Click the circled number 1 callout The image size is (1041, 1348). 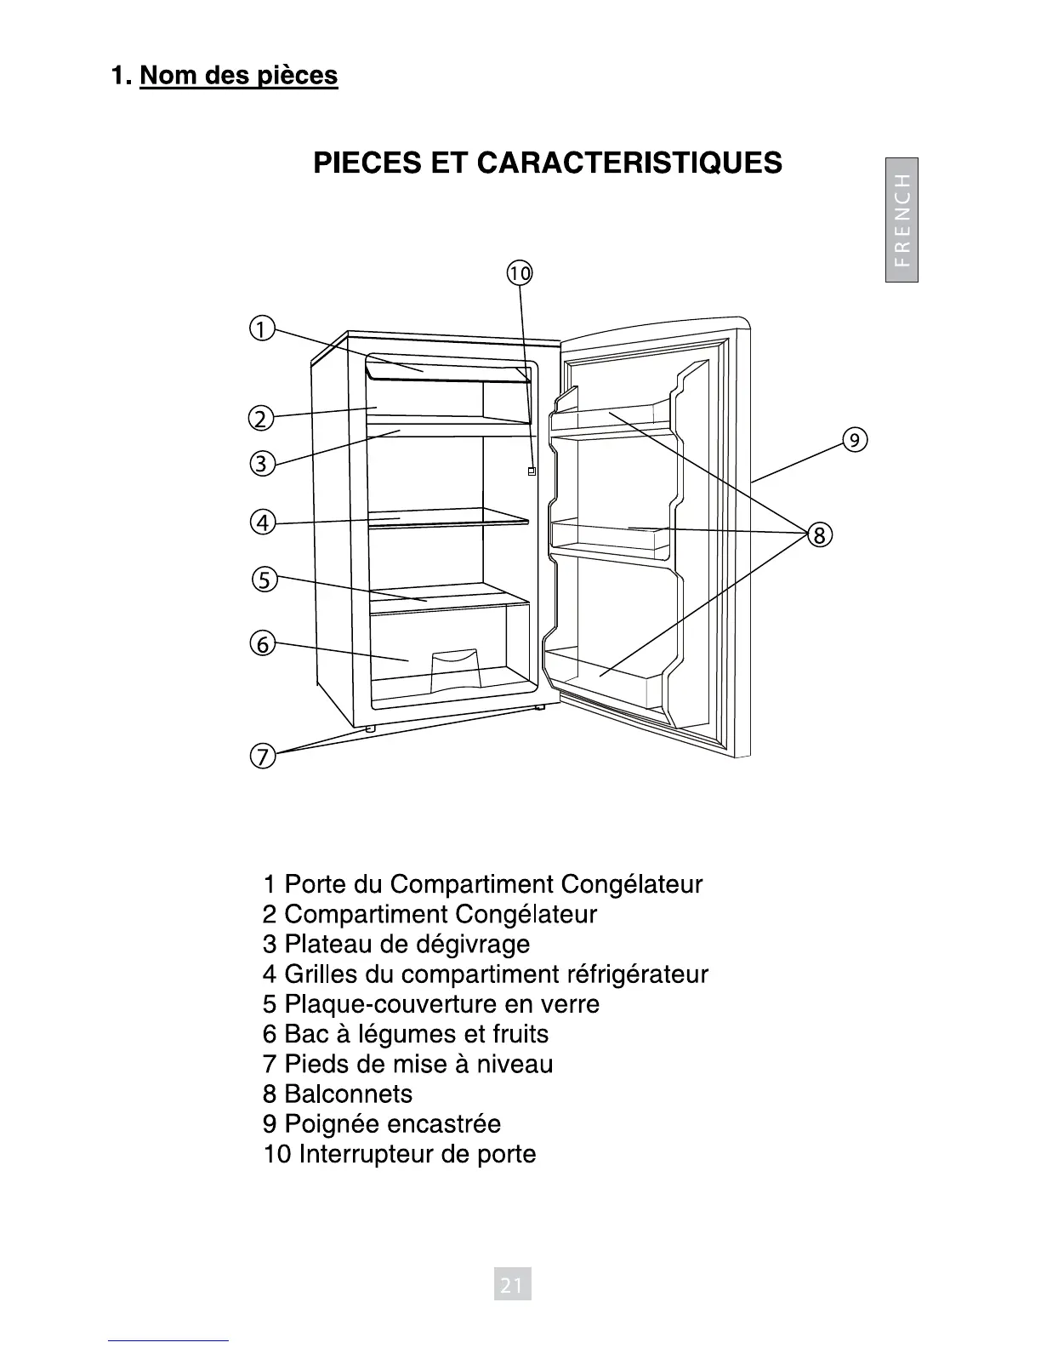(x=261, y=328)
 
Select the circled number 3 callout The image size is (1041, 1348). (x=261, y=464)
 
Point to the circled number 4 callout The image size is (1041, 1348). (x=263, y=522)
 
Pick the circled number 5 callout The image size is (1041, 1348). (x=264, y=580)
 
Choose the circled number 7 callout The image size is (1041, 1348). (x=262, y=756)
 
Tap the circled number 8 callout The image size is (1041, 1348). (x=818, y=534)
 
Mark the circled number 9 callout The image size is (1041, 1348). (x=854, y=439)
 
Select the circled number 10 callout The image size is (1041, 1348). (x=519, y=273)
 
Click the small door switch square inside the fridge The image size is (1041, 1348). (x=532, y=471)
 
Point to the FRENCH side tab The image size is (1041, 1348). (x=902, y=220)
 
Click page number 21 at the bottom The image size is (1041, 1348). (x=512, y=1285)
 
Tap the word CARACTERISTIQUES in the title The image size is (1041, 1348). (x=630, y=162)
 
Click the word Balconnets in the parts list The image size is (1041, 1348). (x=348, y=1094)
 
